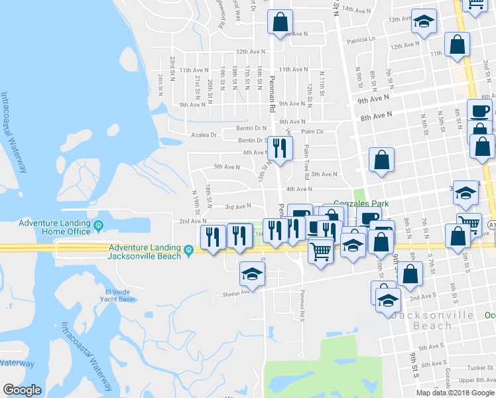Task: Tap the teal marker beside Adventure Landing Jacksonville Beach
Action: point(189,250)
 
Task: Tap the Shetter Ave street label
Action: point(235,291)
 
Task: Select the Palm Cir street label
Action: point(312,131)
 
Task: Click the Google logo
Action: point(23,390)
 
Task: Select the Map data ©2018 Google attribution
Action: point(455,393)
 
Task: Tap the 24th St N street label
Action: point(160,84)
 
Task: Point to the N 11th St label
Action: point(322,83)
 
